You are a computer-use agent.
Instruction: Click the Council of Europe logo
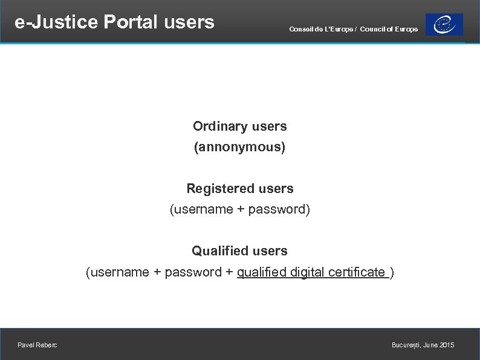point(444,25)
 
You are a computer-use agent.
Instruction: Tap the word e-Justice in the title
point(56,22)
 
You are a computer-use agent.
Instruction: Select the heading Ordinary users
point(240,126)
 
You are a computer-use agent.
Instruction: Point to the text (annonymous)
point(239,147)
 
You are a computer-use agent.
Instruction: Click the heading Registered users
point(240,189)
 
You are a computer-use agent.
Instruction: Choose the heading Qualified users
point(239,250)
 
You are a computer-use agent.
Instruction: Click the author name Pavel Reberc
point(37,345)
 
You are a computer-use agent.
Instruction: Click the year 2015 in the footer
point(447,345)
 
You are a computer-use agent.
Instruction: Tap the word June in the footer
point(432,345)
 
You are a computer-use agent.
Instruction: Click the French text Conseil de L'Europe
point(321,29)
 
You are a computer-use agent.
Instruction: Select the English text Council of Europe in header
point(389,29)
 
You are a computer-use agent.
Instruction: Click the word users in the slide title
point(189,22)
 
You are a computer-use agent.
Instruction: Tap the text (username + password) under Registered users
point(240,209)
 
